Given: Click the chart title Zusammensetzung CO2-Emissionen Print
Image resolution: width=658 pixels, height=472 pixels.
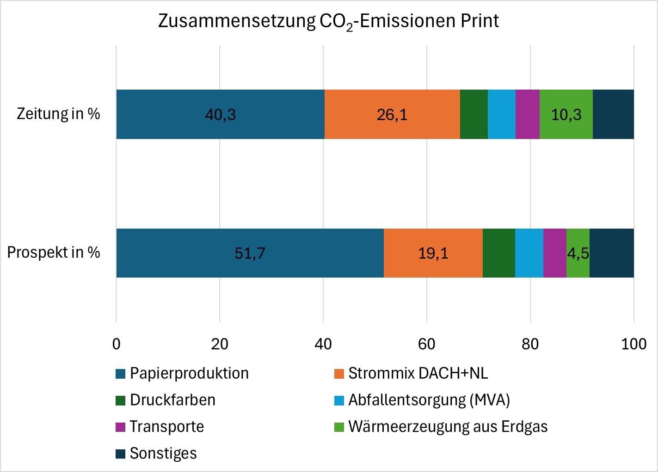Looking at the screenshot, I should tap(328, 21).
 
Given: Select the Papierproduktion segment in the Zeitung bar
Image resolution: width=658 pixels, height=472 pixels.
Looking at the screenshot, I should tap(220, 114).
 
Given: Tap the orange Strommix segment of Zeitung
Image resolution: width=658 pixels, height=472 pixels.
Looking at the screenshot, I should tap(392, 114).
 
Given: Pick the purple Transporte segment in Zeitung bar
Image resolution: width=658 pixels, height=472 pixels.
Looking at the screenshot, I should tap(527, 114).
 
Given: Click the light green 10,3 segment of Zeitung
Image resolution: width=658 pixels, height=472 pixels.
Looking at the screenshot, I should tap(566, 114).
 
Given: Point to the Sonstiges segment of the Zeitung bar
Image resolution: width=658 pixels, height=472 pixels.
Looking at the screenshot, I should tap(613, 114).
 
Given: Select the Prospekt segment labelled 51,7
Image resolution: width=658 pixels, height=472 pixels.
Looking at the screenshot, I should tap(250, 253).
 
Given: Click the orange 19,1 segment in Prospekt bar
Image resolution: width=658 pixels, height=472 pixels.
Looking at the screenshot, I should tap(433, 253).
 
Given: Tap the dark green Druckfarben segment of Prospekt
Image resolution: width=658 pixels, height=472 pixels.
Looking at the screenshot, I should tap(498, 253).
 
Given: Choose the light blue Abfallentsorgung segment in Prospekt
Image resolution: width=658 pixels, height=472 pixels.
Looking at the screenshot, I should tap(529, 253).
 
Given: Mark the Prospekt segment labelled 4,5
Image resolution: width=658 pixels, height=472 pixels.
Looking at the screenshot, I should tap(578, 253).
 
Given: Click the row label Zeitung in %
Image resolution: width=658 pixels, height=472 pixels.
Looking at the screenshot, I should tap(58, 114).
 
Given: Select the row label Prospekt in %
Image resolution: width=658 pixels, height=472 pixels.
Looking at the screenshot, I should tap(54, 253).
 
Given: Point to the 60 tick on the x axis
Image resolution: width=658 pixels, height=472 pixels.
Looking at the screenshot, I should tap(426, 344).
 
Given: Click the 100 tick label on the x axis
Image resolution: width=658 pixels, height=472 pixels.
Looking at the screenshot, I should tap(633, 344).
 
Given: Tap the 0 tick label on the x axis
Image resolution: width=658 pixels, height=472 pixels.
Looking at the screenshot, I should tap(116, 344).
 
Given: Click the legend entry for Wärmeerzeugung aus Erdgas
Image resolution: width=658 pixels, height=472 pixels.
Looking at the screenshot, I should tap(447, 427).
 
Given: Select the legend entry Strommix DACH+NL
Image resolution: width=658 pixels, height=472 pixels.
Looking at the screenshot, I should tap(418, 373).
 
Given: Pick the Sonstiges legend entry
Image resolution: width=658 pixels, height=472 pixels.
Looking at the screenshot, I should tap(163, 454).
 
